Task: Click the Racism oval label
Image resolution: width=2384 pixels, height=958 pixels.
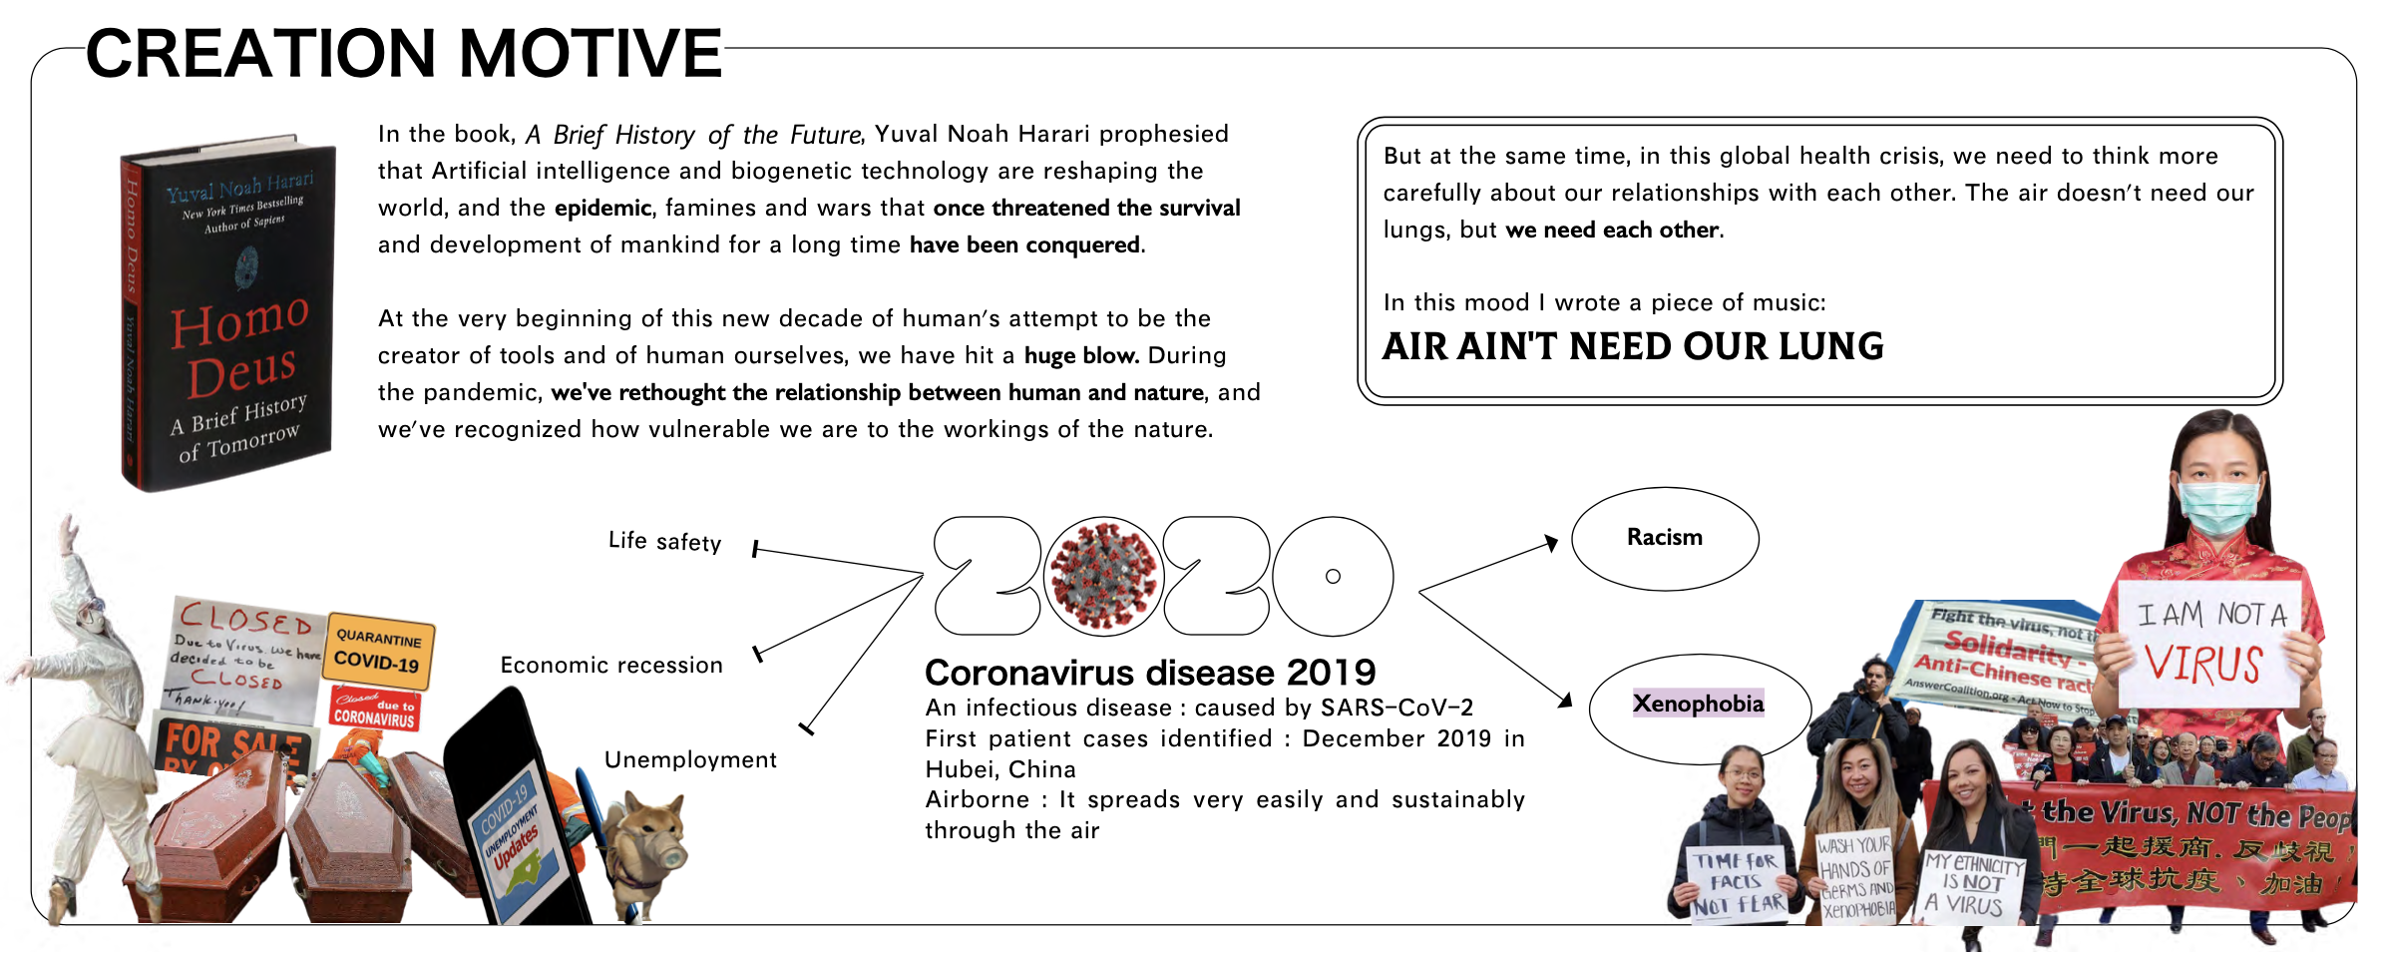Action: [1664, 538]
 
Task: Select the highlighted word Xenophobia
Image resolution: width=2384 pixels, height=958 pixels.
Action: [1698, 704]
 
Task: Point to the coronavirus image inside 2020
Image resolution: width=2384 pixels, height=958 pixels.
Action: [1103, 577]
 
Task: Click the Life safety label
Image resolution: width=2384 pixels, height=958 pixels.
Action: [664, 541]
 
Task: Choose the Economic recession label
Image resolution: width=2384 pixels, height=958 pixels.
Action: [610, 665]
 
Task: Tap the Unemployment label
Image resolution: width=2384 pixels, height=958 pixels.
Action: [690, 759]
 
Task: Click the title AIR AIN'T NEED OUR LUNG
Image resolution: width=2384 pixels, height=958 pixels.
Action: [1632, 347]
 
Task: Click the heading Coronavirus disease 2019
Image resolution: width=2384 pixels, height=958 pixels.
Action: [1149, 673]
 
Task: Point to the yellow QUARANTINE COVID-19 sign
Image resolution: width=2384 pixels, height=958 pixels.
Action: [378, 650]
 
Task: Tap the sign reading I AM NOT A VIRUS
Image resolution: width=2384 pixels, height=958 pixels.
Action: [2210, 644]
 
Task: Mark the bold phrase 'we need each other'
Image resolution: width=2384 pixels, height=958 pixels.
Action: [1612, 231]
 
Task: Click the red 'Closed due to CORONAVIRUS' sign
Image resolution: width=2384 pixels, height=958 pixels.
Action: [374, 708]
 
